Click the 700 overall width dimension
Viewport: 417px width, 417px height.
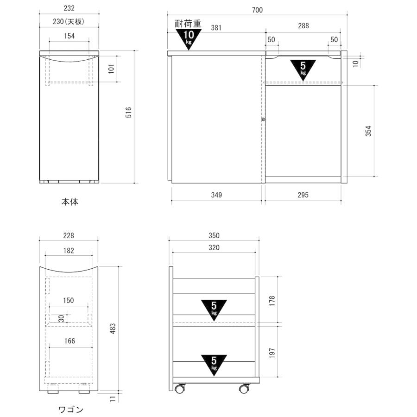[x=257, y=10]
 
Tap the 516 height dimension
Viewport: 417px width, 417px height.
[x=128, y=112]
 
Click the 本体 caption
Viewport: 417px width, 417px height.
[x=69, y=202]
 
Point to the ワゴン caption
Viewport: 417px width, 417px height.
[x=71, y=410]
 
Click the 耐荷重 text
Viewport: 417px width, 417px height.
[x=188, y=24]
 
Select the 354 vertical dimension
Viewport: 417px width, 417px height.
[x=368, y=131]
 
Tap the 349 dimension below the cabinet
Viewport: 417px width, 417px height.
[x=216, y=195]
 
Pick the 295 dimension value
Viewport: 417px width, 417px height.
[x=303, y=195]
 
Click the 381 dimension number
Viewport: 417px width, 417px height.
[x=216, y=28]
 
